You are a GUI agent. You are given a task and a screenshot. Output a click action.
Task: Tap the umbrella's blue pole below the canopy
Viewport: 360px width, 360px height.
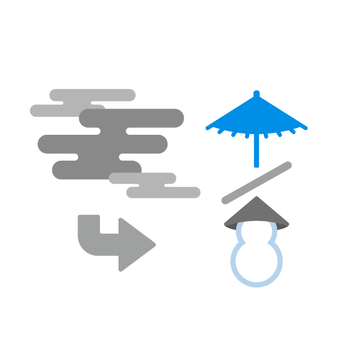(x=257, y=152)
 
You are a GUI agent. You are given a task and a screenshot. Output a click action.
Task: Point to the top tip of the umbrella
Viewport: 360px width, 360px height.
(x=257, y=93)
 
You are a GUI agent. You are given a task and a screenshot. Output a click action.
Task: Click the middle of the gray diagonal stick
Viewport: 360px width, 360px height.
(x=257, y=183)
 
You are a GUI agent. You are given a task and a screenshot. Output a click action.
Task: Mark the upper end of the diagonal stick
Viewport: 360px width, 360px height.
(x=288, y=165)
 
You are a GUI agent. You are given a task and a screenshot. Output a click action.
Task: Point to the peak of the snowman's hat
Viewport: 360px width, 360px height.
(x=257, y=198)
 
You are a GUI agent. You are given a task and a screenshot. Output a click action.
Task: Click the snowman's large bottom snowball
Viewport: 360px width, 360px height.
(x=257, y=262)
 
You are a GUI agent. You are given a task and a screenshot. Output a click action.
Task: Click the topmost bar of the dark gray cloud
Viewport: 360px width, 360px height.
(x=135, y=118)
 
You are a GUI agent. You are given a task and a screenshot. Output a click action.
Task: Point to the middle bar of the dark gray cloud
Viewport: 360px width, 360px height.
(x=101, y=144)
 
